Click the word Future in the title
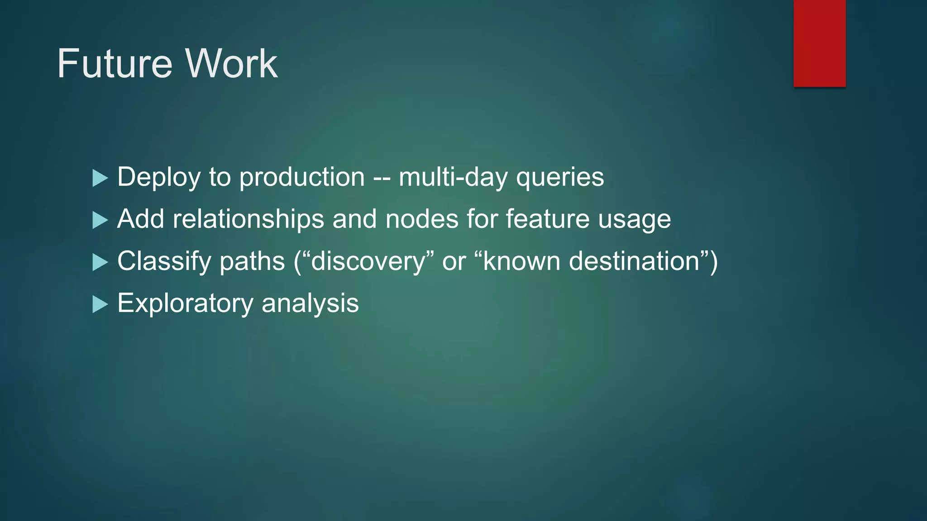coord(115,64)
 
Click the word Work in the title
coord(231,64)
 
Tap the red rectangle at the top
coord(819,43)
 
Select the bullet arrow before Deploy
coord(100,178)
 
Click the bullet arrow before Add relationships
coord(100,220)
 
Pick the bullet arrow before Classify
coord(100,262)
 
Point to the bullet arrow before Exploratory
coord(100,304)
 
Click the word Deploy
coord(158,177)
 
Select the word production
coord(302,177)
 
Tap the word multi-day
coord(453,177)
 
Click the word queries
coord(560,177)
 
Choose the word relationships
coord(248,219)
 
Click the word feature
coord(547,219)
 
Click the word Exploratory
coord(185,303)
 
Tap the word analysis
coord(310,303)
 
